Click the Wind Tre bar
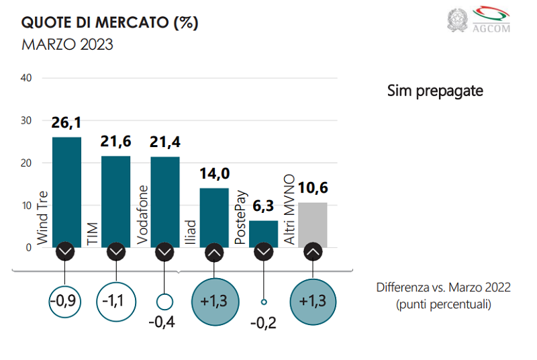[66, 191]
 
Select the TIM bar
[115, 201]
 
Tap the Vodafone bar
[165, 201]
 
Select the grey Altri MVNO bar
[313, 224]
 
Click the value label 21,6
[115, 141]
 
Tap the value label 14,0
[214, 174]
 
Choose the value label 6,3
[264, 206]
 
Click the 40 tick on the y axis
[27, 78]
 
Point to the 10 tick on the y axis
[27, 206]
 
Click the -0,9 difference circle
[65, 300]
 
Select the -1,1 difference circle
[115, 300]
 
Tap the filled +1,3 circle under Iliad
[214, 300]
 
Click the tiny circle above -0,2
[264, 302]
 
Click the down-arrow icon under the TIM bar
[115, 252]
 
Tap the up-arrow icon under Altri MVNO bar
[313, 252]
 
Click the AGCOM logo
[491, 19]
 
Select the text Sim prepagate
[435, 91]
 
